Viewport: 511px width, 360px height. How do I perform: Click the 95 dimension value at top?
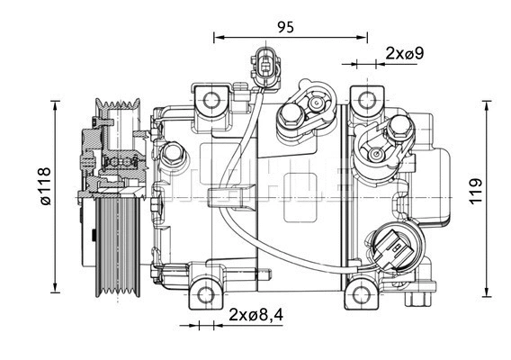click(x=285, y=26)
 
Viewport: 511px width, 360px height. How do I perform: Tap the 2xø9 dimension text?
click(x=404, y=53)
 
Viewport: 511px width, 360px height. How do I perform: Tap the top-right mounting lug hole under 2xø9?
click(x=365, y=99)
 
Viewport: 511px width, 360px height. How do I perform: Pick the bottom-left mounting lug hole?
click(x=206, y=293)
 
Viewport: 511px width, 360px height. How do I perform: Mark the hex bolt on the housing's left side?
click(x=174, y=154)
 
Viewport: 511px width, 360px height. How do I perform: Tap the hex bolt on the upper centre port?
click(x=291, y=114)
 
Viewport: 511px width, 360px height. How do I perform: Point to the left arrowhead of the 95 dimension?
click(x=217, y=37)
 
